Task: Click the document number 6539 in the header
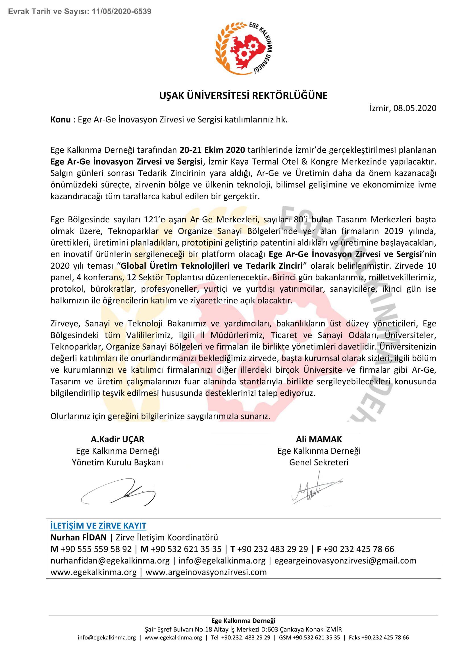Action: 143,12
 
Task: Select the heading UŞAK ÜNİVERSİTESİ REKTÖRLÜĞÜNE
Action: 243,96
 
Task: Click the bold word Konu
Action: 61,120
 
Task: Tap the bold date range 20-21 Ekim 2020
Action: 212,150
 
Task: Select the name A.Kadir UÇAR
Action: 118,439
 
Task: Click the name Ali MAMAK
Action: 319,439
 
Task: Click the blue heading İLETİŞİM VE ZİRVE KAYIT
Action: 98,526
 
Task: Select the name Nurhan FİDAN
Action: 79,538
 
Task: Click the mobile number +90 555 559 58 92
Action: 96,549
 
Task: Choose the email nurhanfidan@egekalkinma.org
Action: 110,561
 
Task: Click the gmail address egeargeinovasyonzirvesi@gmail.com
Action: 345,561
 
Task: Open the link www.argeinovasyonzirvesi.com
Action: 206,572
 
